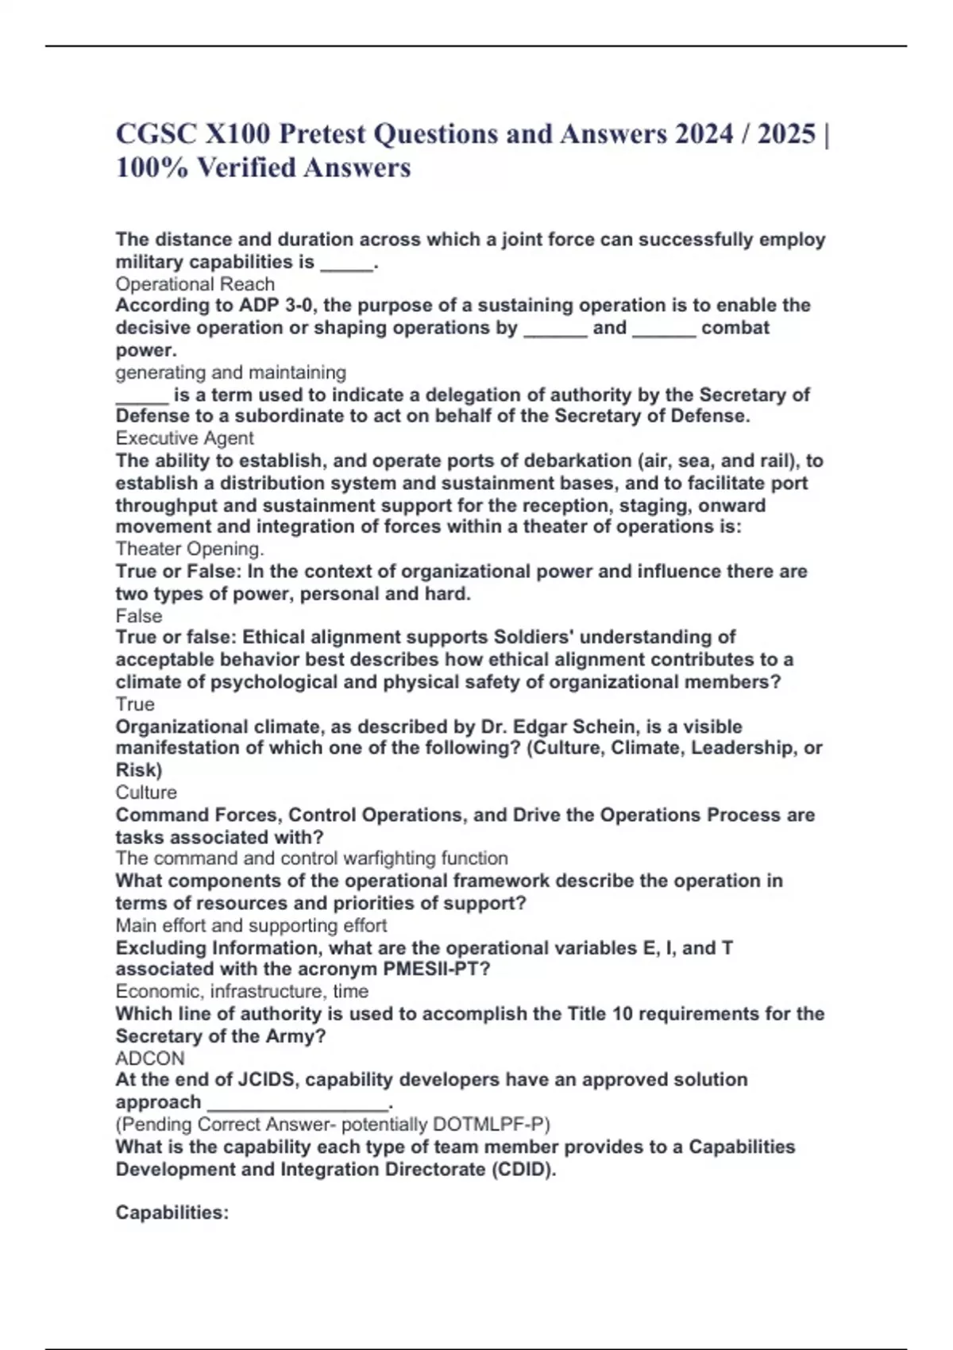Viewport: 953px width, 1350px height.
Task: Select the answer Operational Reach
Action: tap(195, 284)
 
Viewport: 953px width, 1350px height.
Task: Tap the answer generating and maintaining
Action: tap(230, 372)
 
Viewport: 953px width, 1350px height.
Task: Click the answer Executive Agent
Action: tap(184, 438)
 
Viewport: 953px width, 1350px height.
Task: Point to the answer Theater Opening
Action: tap(190, 549)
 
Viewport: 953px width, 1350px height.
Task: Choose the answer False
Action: tap(139, 615)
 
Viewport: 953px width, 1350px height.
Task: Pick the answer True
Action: tap(135, 704)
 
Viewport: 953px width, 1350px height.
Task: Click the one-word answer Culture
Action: tap(146, 793)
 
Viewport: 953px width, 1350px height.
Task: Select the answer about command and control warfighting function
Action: tap(311, 858)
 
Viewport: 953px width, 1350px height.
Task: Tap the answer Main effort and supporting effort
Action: tap(251, 926)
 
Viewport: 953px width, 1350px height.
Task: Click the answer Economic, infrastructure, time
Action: tap(241, 992)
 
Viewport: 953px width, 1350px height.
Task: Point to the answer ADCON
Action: tap(150, 1059)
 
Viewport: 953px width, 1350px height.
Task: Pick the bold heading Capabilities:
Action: tap(172, 1213)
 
